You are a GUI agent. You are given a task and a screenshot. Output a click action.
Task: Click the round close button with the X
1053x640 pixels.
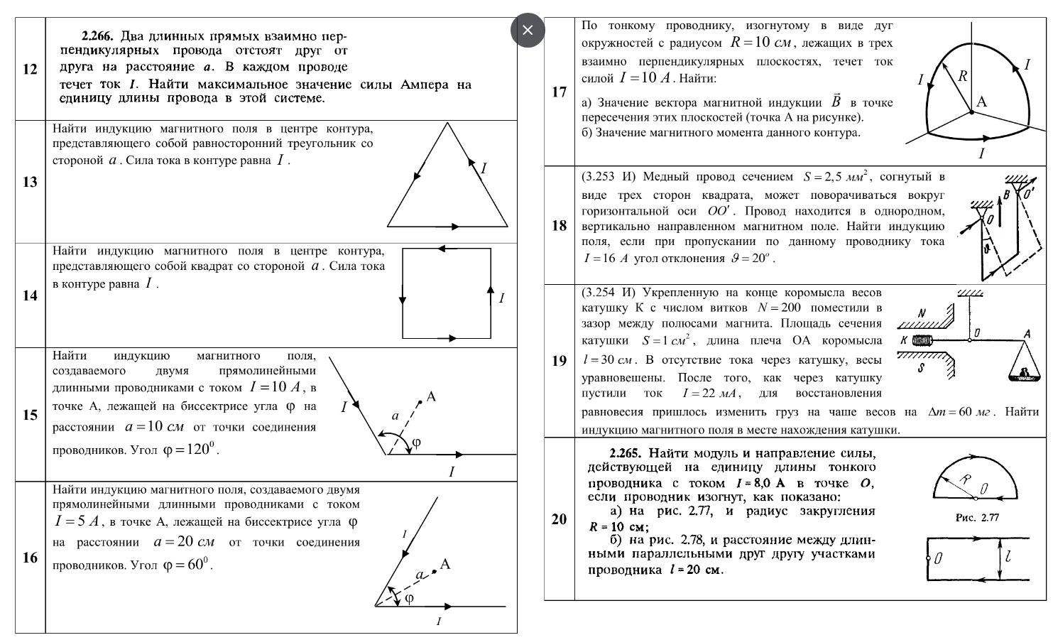[x=527, y=31]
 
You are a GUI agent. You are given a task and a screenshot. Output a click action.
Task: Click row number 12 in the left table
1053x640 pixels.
[x=30, y=69]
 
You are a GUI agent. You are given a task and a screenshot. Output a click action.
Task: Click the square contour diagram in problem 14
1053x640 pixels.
[x=447, y=293]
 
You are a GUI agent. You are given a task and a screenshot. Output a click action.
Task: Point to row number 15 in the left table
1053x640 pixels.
[x=30, y=415]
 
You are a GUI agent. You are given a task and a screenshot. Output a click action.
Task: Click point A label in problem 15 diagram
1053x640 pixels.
[x=431, y=396]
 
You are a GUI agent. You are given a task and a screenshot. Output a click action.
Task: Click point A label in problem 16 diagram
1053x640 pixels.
[x=445, y=564]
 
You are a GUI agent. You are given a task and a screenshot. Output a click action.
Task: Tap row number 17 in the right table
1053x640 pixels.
[x=559, y=92]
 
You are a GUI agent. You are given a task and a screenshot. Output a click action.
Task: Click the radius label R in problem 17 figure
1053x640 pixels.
[x=963, y=76]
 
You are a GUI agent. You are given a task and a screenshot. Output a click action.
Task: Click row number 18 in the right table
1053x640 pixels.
[x=559, y=225]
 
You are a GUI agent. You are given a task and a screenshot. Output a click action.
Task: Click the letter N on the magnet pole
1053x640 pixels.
[x=922, y=313]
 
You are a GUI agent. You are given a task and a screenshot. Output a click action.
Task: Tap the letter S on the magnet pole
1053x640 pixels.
[x=921, y=368]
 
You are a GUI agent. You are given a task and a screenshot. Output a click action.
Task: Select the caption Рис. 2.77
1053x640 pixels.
[x=977, y=517]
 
